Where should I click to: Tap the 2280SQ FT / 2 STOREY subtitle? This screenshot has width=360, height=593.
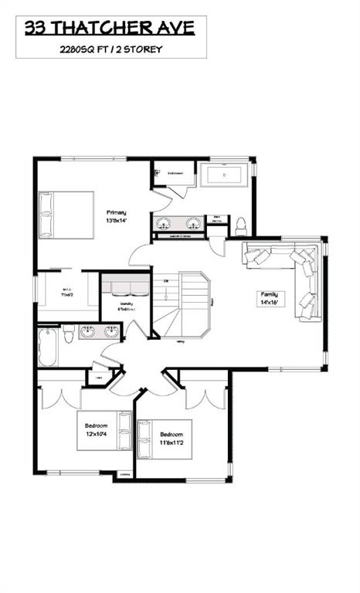point(111,48)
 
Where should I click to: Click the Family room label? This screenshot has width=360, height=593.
point(273,297)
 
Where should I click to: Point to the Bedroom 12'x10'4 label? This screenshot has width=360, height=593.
point(96,429)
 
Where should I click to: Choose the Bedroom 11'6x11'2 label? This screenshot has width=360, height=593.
point(160,438)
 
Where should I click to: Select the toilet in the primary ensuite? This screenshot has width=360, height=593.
point(241,225)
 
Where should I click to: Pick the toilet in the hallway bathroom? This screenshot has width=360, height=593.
point(70,334)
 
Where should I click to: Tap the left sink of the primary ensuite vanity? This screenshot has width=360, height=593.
point(164,224)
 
